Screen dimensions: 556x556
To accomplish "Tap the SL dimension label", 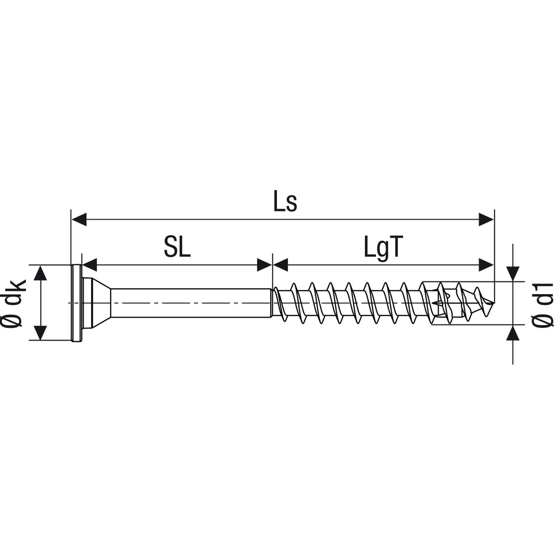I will point(177,248).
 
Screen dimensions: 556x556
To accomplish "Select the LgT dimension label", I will point(383,248).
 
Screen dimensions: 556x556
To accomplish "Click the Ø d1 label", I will point(543,305).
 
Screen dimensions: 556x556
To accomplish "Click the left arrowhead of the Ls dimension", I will point(79,219).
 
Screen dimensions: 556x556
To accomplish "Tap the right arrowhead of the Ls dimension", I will point(486,219).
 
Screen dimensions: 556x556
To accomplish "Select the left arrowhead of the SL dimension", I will point(89,265).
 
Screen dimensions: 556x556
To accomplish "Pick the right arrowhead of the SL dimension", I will point(265,265).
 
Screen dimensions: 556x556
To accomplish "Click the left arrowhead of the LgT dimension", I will point(281,265).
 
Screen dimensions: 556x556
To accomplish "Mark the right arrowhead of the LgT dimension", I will point(486,265).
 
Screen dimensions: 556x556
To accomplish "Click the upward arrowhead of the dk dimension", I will point(41,273).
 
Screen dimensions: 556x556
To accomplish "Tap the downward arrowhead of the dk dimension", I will point(41,332).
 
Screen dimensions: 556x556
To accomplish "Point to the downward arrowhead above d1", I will point(513,274).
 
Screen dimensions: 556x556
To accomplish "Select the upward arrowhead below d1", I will point(513,332).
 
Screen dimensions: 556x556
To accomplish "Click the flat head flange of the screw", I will point(76,303).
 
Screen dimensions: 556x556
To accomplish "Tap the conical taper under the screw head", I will point(98,303).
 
